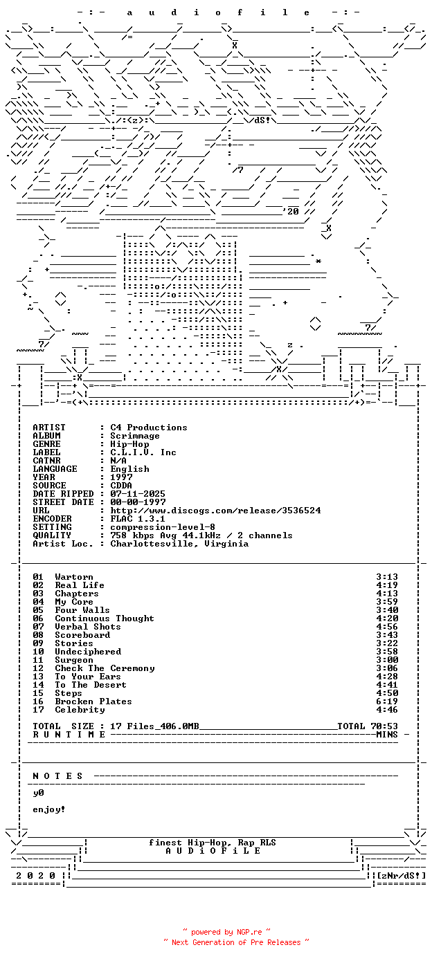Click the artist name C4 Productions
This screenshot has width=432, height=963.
(x=149, y=428)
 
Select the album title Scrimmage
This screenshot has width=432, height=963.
(x=135, y=436)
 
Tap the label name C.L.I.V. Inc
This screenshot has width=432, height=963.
(x=143, y=452)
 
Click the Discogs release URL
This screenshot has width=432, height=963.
(x=215, y=511)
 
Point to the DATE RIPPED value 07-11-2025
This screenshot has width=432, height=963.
(x=138, y=494)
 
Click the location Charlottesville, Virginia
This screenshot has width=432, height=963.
(x=179, y=544)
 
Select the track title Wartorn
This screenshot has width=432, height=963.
(x=74, y=577)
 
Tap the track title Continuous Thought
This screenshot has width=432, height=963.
(x=105, y=618)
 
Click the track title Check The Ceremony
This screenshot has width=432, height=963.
(x=105, y=668)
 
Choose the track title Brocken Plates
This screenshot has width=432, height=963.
(x=93, y=701)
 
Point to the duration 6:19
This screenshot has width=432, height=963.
(x=387, y=701)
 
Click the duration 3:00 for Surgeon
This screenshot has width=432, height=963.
(x=387, y=660)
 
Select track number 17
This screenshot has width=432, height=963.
(x=38, y=710)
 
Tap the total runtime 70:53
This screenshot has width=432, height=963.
(x=384, y=726)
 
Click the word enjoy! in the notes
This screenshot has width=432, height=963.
(x=49, y=809)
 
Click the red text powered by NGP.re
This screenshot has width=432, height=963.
(x=226, y=932)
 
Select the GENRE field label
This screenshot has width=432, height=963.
(x=46, y=444)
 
